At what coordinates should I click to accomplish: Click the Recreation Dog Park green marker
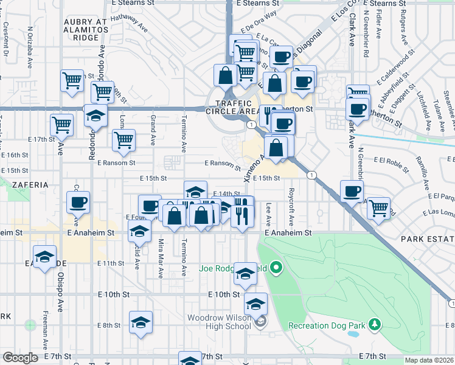click(375, 325)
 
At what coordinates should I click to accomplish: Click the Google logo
click(20, 358)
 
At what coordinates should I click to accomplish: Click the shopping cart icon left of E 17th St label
click(62, 125)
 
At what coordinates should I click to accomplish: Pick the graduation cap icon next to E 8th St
click(141, 322)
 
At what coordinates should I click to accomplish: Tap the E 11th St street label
click(111, 263)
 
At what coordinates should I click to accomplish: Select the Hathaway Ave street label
click(129, 24)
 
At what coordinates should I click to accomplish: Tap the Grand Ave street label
click(153, 130)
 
